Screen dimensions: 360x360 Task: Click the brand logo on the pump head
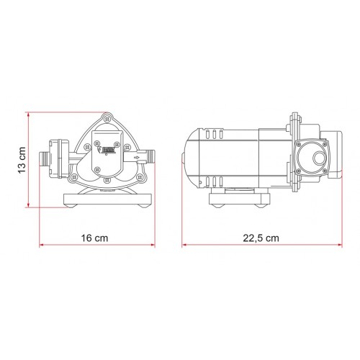coord(109,150)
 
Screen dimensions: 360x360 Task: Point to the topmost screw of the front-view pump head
coord(108,116)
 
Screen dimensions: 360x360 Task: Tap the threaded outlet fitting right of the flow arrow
coord(148,155)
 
